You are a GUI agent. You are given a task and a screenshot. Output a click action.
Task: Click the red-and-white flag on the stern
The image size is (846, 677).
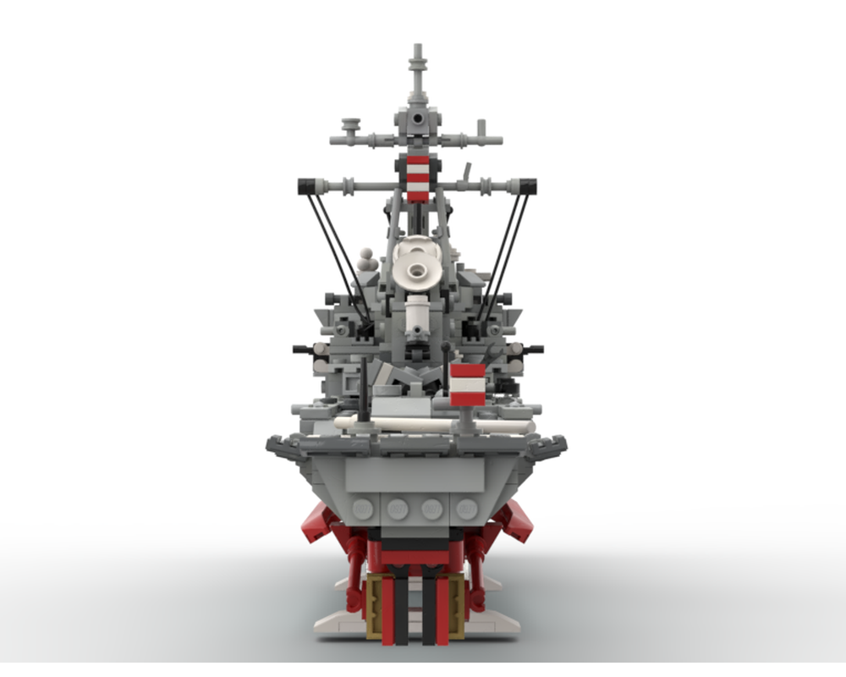coord(468,386)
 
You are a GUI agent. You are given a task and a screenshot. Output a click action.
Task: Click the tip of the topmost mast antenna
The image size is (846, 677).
coord(416,48)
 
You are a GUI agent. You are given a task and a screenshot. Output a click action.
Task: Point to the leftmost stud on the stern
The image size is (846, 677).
coord(364,509)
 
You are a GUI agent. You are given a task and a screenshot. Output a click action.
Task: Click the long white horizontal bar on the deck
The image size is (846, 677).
coord(423,422)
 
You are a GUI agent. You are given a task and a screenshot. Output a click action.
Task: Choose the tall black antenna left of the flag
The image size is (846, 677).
coord(365,389)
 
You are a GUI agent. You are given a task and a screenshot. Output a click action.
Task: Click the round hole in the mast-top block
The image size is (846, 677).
coord(416,120)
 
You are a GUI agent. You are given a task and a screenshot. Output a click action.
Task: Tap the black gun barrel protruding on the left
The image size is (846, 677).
coord(302,349)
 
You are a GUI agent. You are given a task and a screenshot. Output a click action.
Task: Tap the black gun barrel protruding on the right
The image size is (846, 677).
coord(535,348)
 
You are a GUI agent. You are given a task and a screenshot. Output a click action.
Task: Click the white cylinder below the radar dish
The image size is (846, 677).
coord(416,315)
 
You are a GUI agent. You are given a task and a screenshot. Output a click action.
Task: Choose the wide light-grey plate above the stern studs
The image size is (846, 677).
coord(415,476)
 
